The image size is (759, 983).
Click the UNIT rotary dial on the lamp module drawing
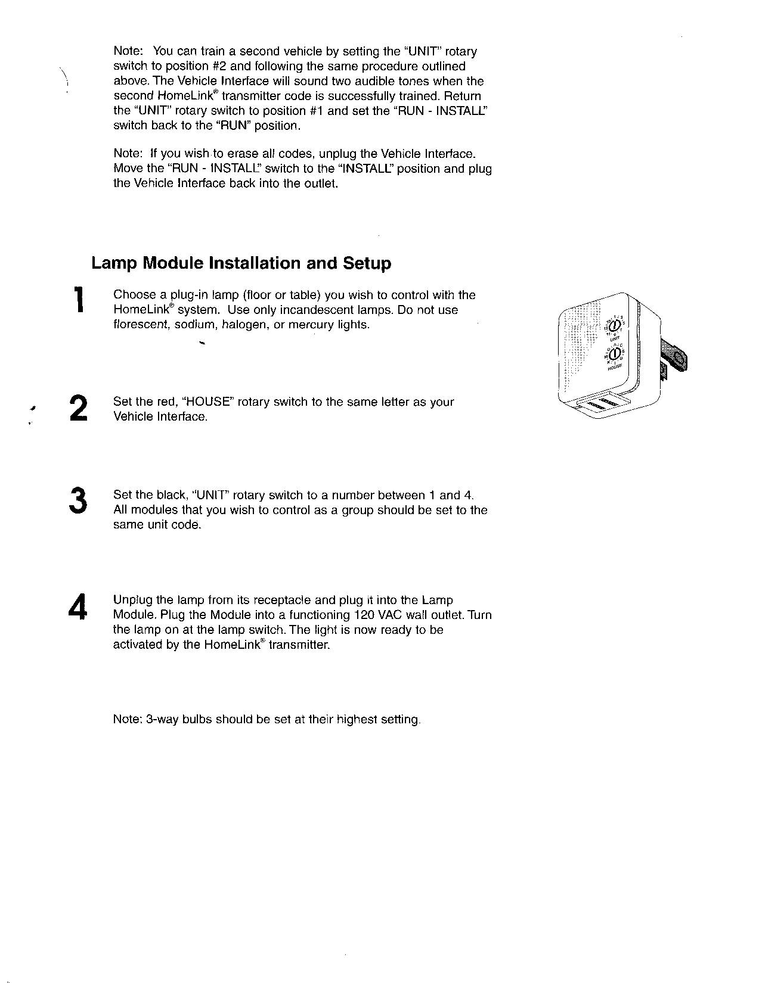615,325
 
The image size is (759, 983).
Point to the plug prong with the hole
675,360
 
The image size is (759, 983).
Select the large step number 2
79,408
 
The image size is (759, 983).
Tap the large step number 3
78,500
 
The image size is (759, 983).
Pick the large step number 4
78,607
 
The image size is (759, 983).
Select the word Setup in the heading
367,263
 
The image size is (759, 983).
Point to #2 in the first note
215,66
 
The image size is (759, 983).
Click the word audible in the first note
372,81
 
